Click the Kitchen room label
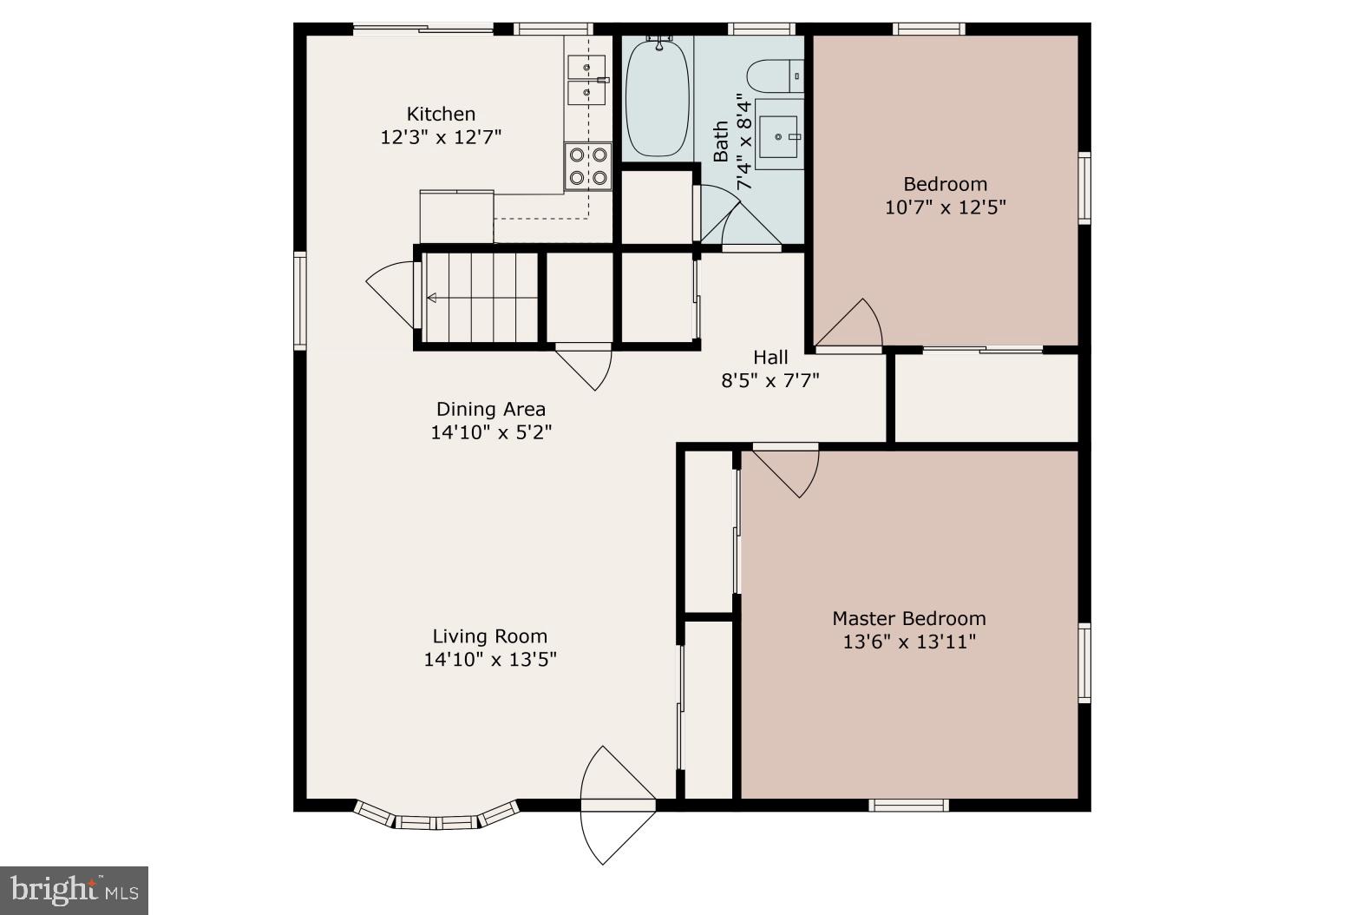pyautogui.click(x=441, y=114)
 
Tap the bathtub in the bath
pyautogui.click(x=658, y=97)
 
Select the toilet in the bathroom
pyautogui.click(x=775, y=76)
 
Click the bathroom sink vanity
pyautogui.click(x=779, y=134)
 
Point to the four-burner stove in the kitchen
pyautogui.click(x=588, y=167)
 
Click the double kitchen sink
pyautogui.click(x=586, y=79)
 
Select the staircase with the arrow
pyautogui.click(x=481, y=299)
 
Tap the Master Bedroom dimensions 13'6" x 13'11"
pyautogui.click(x=909, y=642)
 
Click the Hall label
pyautogui.click(x=770, y=357)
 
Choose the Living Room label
pyautogui.click(x=490, y=636)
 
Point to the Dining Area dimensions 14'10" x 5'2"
pyautogui.click(x=491, y=431)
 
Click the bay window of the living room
pyautogui.click(x=436, y=818)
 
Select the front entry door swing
pyautogui.click(x=614, y=803)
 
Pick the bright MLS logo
pyautogui.click(x=74, y=890)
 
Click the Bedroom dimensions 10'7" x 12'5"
pyautogui.click(x=945, y=207)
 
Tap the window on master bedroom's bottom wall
pyautogui.click(x=908, y=806)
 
